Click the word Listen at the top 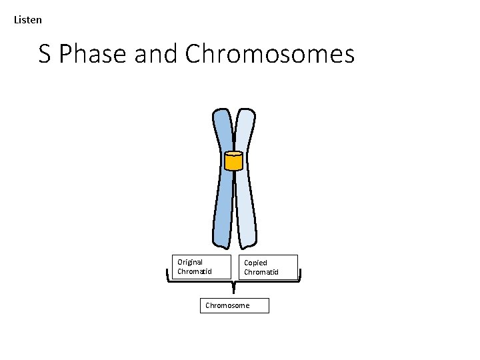[28, 20]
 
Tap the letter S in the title [45, 54]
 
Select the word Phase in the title [93, 55]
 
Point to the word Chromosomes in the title [270, 54]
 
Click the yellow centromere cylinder [233, 161]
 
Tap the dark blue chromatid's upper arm [223, 130]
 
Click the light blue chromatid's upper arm [245, 130]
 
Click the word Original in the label [190, 262]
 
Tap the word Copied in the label [255, 263]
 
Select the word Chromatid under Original [194, 271]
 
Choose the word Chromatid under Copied [261, 272]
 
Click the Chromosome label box [234, 305]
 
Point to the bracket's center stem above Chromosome [233, 288]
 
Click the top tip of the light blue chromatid [244, 111]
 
